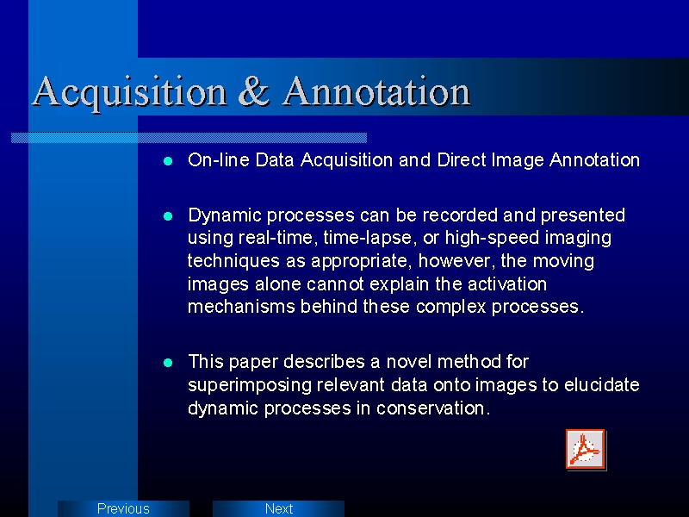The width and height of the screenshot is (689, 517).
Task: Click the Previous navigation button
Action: tap(123, 508)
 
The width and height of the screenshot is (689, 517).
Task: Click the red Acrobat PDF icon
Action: tap(586, 450)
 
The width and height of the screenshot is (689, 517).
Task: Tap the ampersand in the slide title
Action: tap(254, 90)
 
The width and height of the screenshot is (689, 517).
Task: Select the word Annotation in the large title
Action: tap(376, 90)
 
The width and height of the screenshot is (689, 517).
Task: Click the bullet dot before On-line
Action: tap(168, 161)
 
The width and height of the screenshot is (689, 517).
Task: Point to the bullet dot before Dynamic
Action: tap(168, 216)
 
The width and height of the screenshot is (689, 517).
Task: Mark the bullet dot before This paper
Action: tap(168, 363)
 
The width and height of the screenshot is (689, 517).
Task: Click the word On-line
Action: tap(219, 159)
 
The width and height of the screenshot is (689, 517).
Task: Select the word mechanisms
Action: tap(241, 307)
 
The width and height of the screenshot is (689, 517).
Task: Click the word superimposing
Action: tap(250, 385)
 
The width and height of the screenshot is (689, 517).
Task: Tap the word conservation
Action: tap(433, 408)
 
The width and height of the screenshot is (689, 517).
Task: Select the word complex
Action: tap(450, 308)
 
